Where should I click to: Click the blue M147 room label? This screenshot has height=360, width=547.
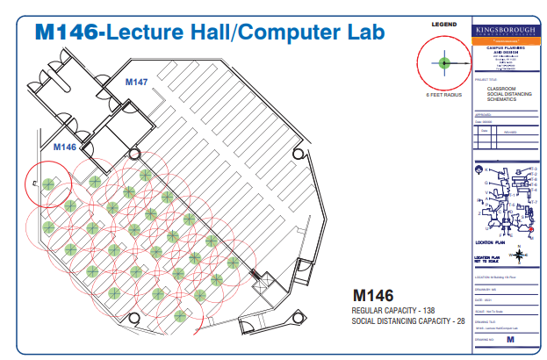pos(135,82)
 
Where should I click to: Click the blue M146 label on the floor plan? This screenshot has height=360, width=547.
pos(65,147)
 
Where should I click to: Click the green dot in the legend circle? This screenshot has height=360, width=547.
pos(444,62)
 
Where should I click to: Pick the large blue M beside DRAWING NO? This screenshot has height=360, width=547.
pos(509,337)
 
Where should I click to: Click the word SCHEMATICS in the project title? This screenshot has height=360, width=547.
pos(502,99)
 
